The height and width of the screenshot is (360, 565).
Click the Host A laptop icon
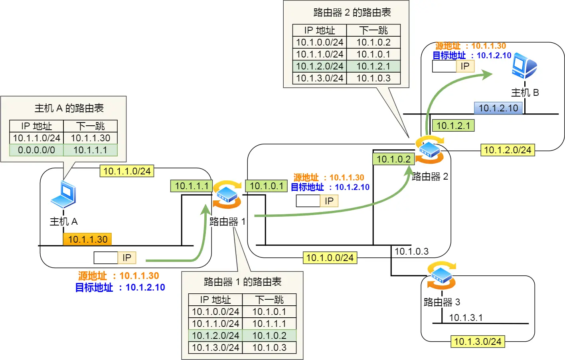[63, 194]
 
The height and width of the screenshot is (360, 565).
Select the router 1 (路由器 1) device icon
[227, 195]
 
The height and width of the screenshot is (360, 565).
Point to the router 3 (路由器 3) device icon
[441, 275]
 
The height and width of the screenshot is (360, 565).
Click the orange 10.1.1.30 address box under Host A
[87, 239]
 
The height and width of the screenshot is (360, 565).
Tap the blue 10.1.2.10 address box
[498, 108]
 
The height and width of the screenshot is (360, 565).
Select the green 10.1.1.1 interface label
[192, 186]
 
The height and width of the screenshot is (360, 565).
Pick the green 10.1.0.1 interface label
[266, 186]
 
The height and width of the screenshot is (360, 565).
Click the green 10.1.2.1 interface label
[453, 126]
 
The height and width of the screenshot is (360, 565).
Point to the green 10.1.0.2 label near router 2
[393, 159]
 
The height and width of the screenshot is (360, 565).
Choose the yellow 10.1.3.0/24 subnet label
[478, 342]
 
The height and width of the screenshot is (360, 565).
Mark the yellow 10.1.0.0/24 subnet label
[330, 258]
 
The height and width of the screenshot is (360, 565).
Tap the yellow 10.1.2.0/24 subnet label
[508, 150]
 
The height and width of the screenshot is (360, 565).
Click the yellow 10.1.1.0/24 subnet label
[127, 171]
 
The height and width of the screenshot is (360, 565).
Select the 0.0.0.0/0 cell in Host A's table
[36, 150]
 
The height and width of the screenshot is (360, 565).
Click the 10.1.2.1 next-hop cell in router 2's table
[373, 66]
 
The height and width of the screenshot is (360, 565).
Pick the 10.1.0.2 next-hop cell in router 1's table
[269, 336]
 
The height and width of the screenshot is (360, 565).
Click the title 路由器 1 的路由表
[243, 282]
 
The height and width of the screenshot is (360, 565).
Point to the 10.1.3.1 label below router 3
[466, 318]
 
